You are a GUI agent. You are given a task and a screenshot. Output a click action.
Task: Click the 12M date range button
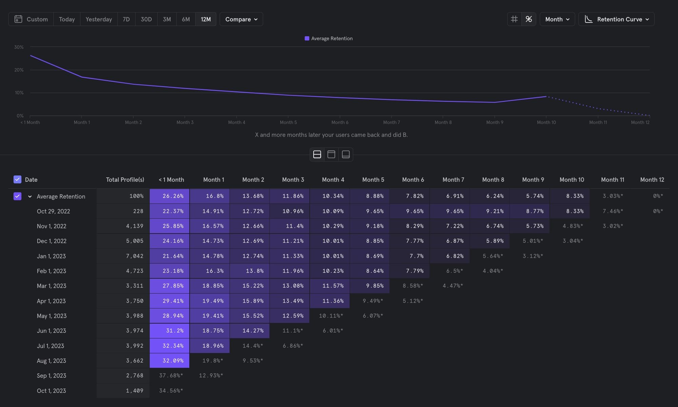click(x=205, y=19)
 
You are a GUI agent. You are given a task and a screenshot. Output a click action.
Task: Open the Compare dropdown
click(x=241, y=19)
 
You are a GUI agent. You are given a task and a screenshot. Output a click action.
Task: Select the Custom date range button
click(x=31, y=19)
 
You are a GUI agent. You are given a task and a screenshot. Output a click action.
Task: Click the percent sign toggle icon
click(x=529, y=19)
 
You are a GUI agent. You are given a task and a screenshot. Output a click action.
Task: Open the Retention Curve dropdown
click(x=616, y=19)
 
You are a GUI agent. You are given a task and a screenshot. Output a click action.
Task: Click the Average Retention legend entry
click(x=328, y=39)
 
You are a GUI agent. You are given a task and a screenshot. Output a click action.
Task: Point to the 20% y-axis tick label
click(x=19, y=70)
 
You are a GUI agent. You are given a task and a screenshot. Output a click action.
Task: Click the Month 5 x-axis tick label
click(x=288, y=122)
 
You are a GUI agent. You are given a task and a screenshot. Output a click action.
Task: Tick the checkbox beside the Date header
click(x=17, y=179)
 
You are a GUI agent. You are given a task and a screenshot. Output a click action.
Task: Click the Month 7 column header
click(x=453, y=180)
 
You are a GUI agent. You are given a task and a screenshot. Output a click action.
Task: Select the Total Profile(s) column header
click(x=125, y=180)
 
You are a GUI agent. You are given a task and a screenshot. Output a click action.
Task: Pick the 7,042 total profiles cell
click(x=135, y=256)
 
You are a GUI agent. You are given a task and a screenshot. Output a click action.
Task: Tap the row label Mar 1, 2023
click(x=52, y=286)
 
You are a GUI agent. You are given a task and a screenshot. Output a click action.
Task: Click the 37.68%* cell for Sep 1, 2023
click(x=171, y=375)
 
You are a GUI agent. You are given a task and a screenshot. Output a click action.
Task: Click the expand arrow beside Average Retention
click(x=30, y=196)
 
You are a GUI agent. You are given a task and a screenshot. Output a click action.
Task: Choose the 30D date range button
click(x=146, y=19)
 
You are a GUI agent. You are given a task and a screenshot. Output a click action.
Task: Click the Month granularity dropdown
click(x=557, y=19)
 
